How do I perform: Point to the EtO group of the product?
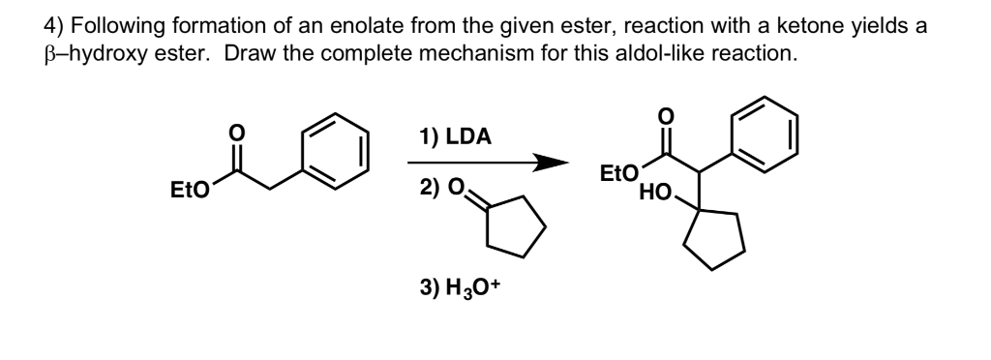tap(617, 174)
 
